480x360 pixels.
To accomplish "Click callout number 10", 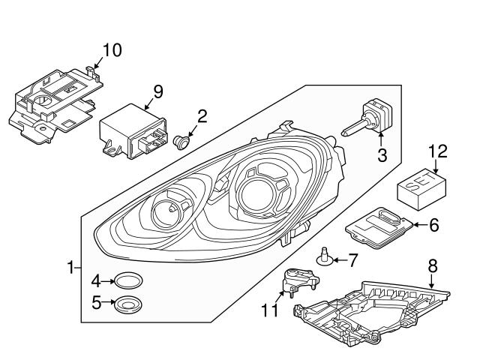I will (x=111, y=50).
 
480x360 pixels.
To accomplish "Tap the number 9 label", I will (x=157, y=91).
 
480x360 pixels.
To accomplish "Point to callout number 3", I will (x=382, y=156).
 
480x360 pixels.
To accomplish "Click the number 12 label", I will (x=437, y=151).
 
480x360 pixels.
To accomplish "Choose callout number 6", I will (x=433, y=223).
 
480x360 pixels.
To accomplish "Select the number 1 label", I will (x=70, y=266).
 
